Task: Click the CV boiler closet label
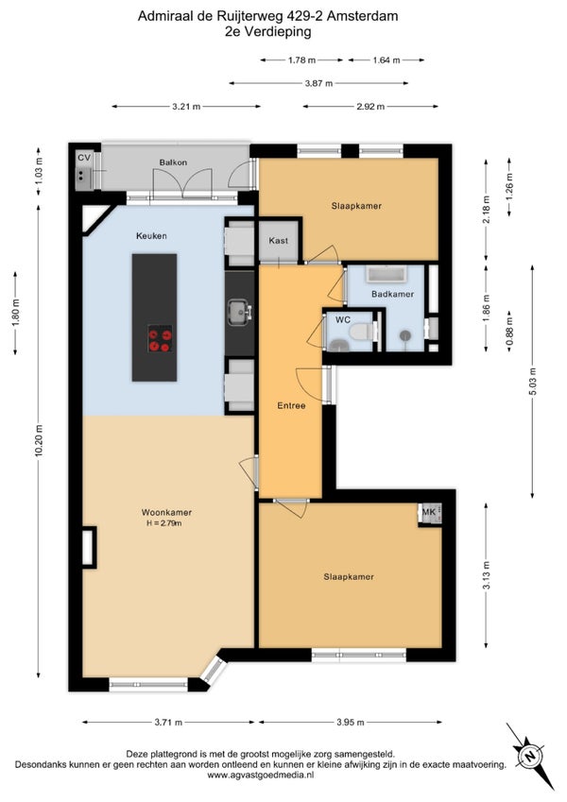[84, 158]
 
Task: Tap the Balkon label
[173, 162]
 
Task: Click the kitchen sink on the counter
[239, 312]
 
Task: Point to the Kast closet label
[279, 240]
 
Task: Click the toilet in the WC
[362, 332]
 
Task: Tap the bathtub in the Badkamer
[387, 274]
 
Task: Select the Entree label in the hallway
[291, 405]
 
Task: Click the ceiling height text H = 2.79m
[164, 523]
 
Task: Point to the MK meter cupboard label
[429, 511]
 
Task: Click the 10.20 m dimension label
[39, 442]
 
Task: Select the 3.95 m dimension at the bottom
[351, 723]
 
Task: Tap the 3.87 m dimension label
[318, 83]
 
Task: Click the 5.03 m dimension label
[533, 382]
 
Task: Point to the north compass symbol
[530, 756]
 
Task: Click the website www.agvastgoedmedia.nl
[261, 775]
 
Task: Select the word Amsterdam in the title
[362, 16]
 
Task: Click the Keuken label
[151, 236]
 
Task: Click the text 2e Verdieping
[268, 32]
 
